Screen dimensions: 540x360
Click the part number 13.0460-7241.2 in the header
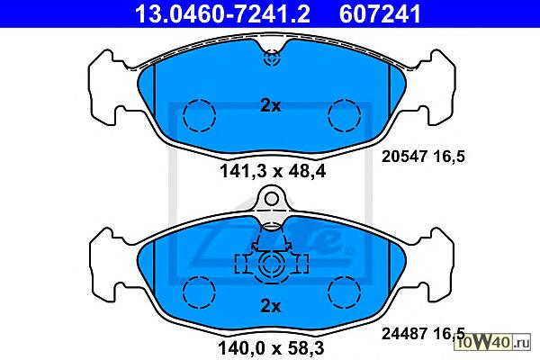223,14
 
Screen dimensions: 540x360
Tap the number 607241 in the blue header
380,14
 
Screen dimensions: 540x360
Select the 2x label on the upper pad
271,106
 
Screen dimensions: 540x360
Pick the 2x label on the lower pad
271,306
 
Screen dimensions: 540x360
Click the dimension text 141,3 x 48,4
273,171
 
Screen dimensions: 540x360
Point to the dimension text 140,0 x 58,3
271,348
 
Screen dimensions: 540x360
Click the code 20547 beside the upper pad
403,157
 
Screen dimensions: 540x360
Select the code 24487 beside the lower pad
403,334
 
